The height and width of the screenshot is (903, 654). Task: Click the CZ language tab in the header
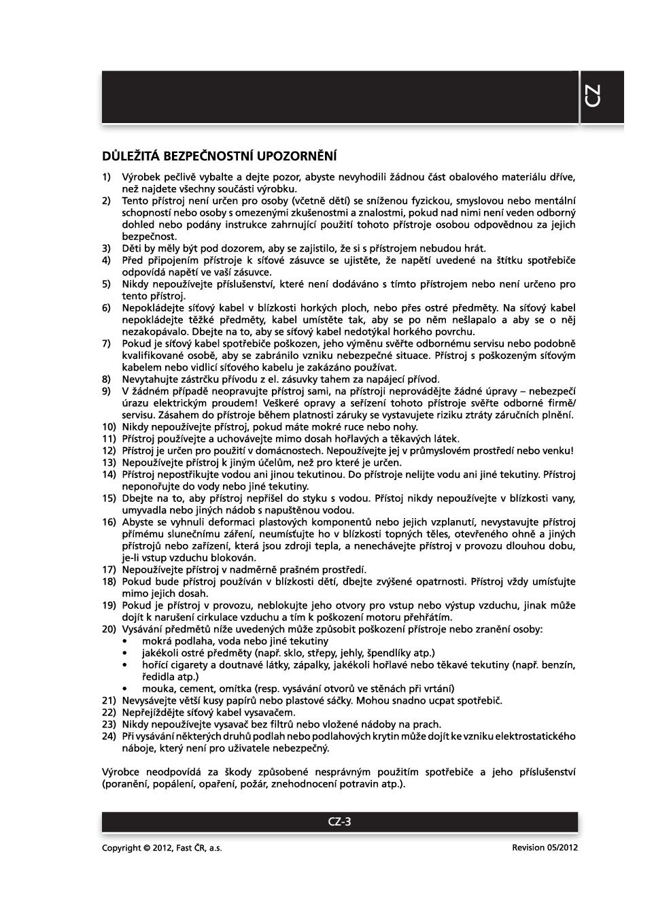click(592, 97)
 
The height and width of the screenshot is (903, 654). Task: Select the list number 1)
click(107, 177)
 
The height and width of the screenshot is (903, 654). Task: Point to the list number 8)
click(107, 379)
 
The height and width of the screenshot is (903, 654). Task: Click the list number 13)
click(109, 462)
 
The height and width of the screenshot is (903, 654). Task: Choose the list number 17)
click(109, 569)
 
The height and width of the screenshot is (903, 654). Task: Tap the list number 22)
click(109, 712)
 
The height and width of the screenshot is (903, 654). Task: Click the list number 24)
click(109, 736)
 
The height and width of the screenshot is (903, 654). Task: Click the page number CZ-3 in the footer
click(339, 821)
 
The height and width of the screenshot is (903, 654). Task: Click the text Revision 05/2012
click(545, 847)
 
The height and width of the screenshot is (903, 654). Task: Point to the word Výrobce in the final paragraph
click(120, 772)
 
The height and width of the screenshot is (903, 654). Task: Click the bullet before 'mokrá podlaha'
click(124, 641)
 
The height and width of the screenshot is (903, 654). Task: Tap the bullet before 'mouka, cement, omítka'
click(124, 688)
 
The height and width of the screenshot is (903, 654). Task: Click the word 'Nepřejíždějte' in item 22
click(152, 712)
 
